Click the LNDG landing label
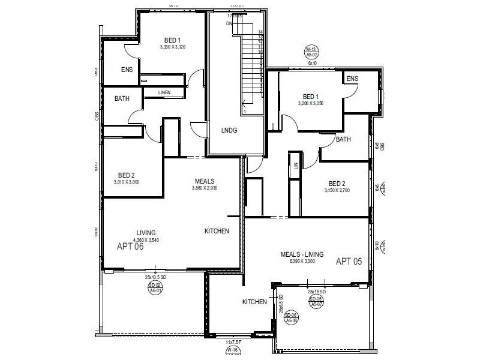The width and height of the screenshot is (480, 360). coord(229,130)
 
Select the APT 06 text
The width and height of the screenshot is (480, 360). coord(130,245)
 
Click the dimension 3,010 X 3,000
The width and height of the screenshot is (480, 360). coord(126,182)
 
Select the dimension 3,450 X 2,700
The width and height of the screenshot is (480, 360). coord(337,190)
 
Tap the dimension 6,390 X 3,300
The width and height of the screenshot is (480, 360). coord(302,262)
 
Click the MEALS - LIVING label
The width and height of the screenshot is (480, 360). coord(302,254)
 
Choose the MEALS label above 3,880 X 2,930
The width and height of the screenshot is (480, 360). coord(205,181)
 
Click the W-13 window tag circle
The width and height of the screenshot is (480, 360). coord(311,52)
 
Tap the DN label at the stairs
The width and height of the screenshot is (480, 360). coord(229,23)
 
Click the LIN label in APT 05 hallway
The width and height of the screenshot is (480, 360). coord(295,166)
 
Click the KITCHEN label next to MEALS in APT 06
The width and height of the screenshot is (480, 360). coord(217,231)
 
